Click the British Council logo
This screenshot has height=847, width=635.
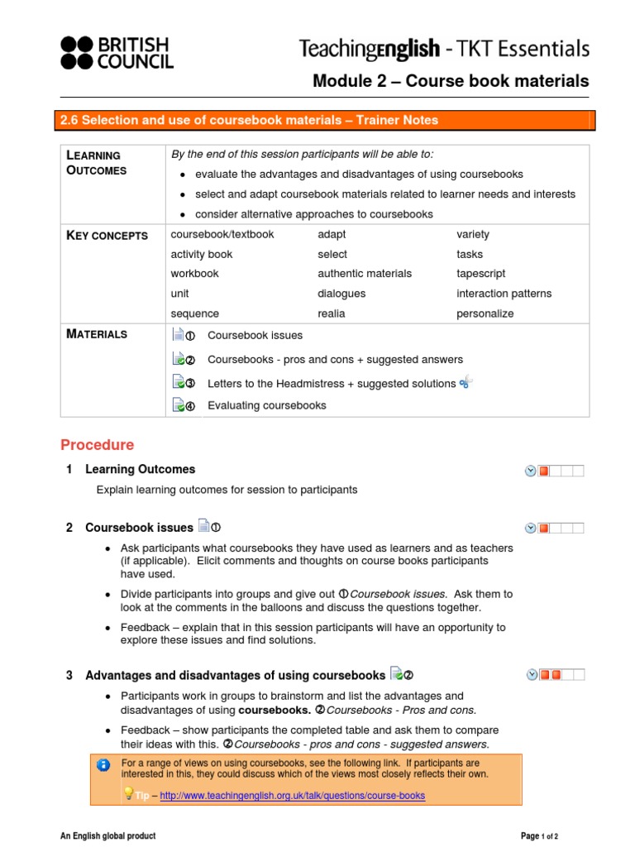pos(115,51)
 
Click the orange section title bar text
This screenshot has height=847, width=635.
pos(248,121)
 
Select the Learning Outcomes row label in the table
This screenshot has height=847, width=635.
pos(95,163)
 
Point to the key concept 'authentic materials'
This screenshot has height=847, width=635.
pos(364,274)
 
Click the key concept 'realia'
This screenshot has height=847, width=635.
pos(332,313)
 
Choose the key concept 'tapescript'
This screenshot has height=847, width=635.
pos(480,274)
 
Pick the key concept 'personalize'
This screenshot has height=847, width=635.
pos(485,313)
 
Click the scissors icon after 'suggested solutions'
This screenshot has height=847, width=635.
pos(466,381)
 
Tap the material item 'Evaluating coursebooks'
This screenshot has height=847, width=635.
pos(266,405)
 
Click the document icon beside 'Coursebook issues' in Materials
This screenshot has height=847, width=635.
pos(179,335)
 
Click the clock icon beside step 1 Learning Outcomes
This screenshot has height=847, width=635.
pos(530,471)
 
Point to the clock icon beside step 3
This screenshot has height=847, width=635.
pos(530,675)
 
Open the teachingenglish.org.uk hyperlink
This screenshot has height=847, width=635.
pos(292,796)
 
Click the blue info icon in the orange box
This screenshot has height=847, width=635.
pos(103,765)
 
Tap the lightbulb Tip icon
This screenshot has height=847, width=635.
pos(129,794)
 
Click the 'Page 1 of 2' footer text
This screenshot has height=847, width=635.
pos(539,836)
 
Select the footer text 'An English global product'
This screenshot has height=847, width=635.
pos(107,836)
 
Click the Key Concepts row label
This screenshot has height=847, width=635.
pos(107,236)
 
